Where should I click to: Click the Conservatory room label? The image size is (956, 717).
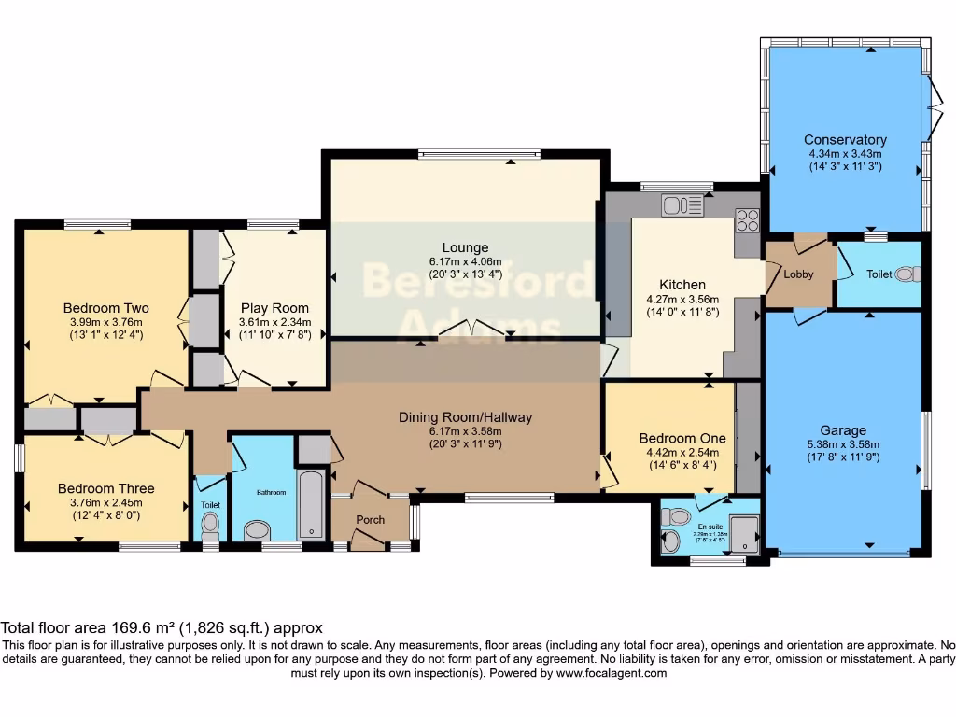click(845, 140)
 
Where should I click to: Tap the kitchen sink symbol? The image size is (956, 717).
click(682, 205)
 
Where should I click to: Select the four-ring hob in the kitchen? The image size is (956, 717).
click(747, 219)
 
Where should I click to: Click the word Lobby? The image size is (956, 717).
click(798, 274)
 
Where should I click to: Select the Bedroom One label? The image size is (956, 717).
click(668, 438)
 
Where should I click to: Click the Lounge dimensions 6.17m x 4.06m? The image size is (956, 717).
click(465, 261)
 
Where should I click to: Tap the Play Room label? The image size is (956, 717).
click(274, 308)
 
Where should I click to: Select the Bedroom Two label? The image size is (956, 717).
click(105, 308)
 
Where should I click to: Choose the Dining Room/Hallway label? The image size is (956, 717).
click(465, 417)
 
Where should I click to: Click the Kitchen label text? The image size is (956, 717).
click(682, 285)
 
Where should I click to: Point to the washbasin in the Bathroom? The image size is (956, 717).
click(255, 530)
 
